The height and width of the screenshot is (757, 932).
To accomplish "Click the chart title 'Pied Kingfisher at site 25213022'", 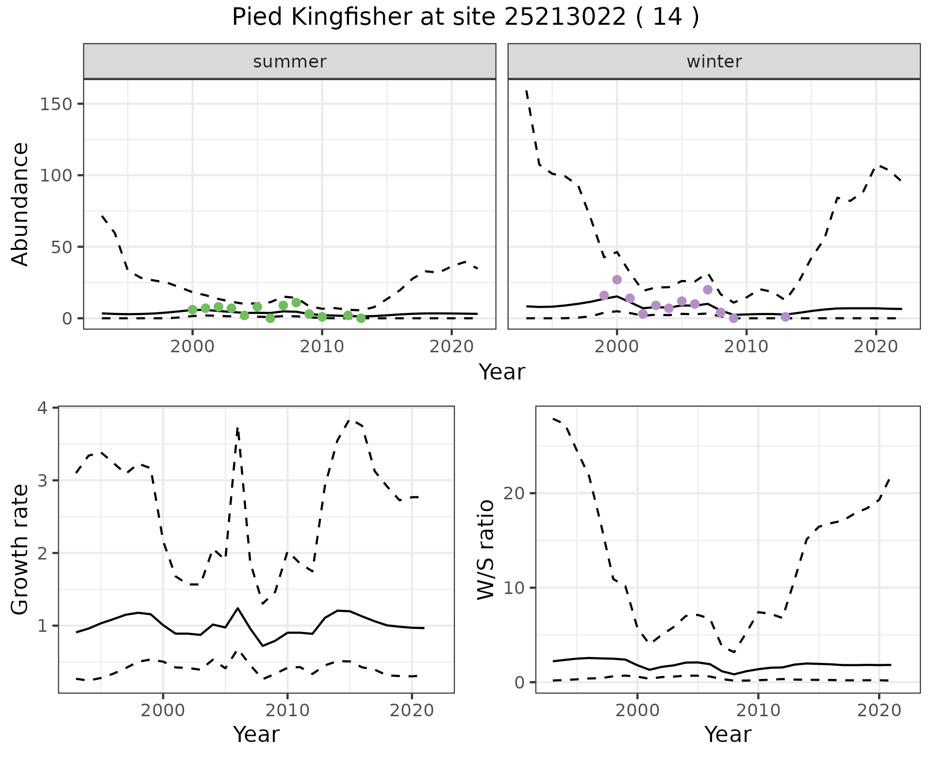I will (465, 17).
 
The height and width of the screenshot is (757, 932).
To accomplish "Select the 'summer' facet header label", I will (290, 62).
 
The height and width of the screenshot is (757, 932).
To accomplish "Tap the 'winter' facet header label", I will (714, 62).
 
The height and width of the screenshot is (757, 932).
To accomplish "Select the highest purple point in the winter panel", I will (617, 280).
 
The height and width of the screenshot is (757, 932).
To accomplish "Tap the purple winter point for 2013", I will (785, 317).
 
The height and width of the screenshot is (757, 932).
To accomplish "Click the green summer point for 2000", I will (193, 310).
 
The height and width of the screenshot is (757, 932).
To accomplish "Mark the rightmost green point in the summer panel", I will (361, 318).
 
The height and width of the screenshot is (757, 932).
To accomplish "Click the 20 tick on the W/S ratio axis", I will (521, 493).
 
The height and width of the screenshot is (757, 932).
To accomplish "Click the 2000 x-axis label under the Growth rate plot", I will (163, 710).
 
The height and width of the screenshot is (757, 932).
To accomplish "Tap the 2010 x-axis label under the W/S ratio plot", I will (758, 710).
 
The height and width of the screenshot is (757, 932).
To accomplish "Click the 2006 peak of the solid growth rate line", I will (238, 608).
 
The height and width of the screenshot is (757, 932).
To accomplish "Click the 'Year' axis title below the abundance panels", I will (502, 372).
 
